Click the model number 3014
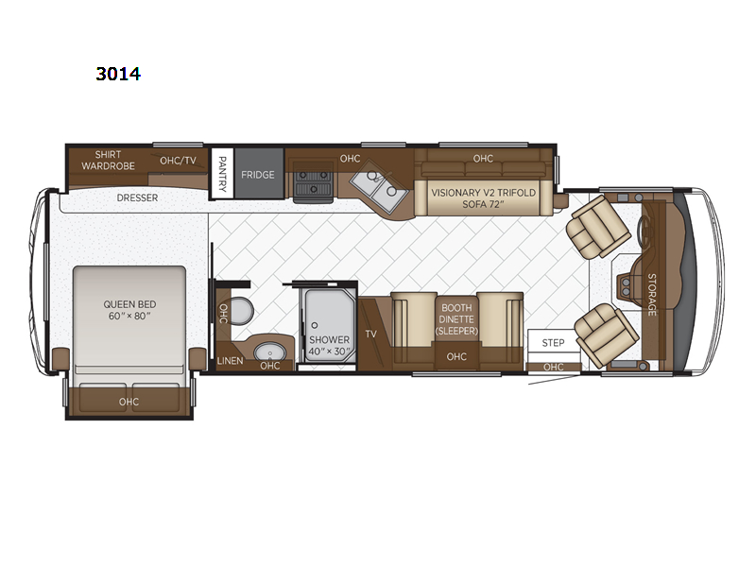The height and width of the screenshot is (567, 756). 118,74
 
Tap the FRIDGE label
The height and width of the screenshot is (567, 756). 257,175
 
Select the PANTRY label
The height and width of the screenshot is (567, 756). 222,174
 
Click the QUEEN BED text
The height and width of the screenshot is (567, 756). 129,304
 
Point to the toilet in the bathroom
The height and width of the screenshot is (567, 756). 241,311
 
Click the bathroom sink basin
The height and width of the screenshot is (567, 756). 270,352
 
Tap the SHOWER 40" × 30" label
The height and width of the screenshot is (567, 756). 329,346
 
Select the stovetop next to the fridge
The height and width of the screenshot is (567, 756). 314,181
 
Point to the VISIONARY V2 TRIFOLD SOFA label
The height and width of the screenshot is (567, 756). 483,198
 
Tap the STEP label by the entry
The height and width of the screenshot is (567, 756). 553,343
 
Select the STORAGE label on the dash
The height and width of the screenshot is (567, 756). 651,294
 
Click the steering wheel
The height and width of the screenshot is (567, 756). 643,232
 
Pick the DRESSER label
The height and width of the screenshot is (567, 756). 137,198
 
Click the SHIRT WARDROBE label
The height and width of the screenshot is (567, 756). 108,160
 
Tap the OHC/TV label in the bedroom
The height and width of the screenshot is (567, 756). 178,161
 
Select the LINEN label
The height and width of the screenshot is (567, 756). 230,361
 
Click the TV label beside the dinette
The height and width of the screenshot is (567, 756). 370,334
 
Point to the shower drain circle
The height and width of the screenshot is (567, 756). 315,325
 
